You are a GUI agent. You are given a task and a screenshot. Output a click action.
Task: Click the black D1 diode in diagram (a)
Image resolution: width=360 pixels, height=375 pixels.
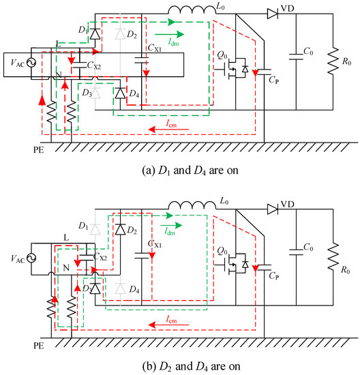[95, 31]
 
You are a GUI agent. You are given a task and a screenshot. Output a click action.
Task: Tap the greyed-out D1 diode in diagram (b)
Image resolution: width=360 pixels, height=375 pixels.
[95, 225]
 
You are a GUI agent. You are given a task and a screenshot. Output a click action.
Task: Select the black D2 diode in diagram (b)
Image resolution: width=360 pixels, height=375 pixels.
[120, 225]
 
